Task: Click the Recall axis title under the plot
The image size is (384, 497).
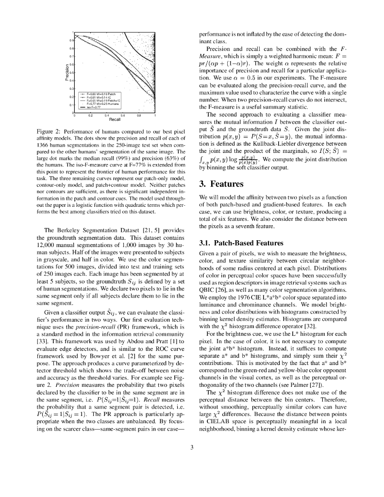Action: [x=115, y=119]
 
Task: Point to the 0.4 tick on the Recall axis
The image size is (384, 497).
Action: [x=106, y=116]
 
